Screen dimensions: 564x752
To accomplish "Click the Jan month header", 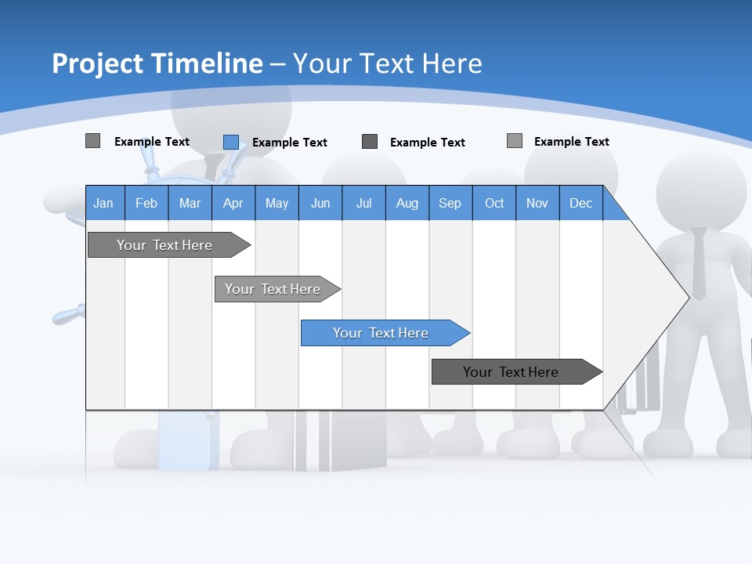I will (103, 204).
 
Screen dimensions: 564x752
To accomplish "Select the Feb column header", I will (146, 204).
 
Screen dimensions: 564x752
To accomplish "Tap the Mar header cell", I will (190, 204).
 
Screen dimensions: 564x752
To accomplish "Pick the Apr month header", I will (233, 204).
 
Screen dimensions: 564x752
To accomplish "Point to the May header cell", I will (277, 204).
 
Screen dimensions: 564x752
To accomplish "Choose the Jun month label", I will (320, 204).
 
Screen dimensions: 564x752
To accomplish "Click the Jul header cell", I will (363, 204).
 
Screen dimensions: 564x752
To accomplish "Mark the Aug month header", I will (407, 204).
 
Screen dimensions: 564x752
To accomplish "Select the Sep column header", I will (450, 204).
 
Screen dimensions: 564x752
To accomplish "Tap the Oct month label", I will (494, 204).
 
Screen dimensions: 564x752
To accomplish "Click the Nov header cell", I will (537, 204).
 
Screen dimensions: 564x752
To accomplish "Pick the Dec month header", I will (581, 204).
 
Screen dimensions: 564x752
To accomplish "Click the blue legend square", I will (230, 142).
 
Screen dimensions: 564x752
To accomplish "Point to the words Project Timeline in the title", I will (157, 63).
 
